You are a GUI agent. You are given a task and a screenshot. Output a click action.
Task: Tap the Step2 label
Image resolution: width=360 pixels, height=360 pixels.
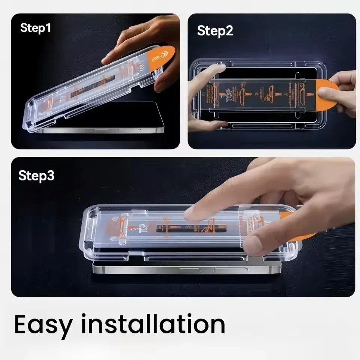point(215,31)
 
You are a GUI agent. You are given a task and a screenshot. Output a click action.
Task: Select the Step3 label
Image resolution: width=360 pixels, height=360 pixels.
point(36,175)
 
